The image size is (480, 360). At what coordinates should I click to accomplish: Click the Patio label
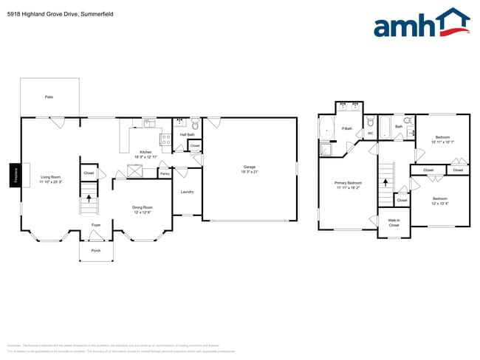pos(49,97)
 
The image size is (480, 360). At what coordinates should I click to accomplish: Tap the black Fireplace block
pos(14,175)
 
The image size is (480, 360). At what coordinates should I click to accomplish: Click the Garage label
pos(250,168)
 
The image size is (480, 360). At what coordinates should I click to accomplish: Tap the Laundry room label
pos(187,192)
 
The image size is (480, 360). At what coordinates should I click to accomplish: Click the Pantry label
pos(164,174)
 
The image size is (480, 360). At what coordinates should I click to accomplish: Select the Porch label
pos(96,250)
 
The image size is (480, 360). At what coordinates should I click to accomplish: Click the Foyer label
pos(96,224)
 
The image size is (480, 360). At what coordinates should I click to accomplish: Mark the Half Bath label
pos(187,134)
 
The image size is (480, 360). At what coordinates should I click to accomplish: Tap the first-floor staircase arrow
pos(89,197)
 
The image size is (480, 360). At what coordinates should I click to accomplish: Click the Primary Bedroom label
pos(349,184)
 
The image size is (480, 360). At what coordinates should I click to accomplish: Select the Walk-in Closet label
pos(394,223)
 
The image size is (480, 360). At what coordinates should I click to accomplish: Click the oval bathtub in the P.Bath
pos(326,131)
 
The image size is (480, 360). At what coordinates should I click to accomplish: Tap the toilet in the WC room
pos(370,124)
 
